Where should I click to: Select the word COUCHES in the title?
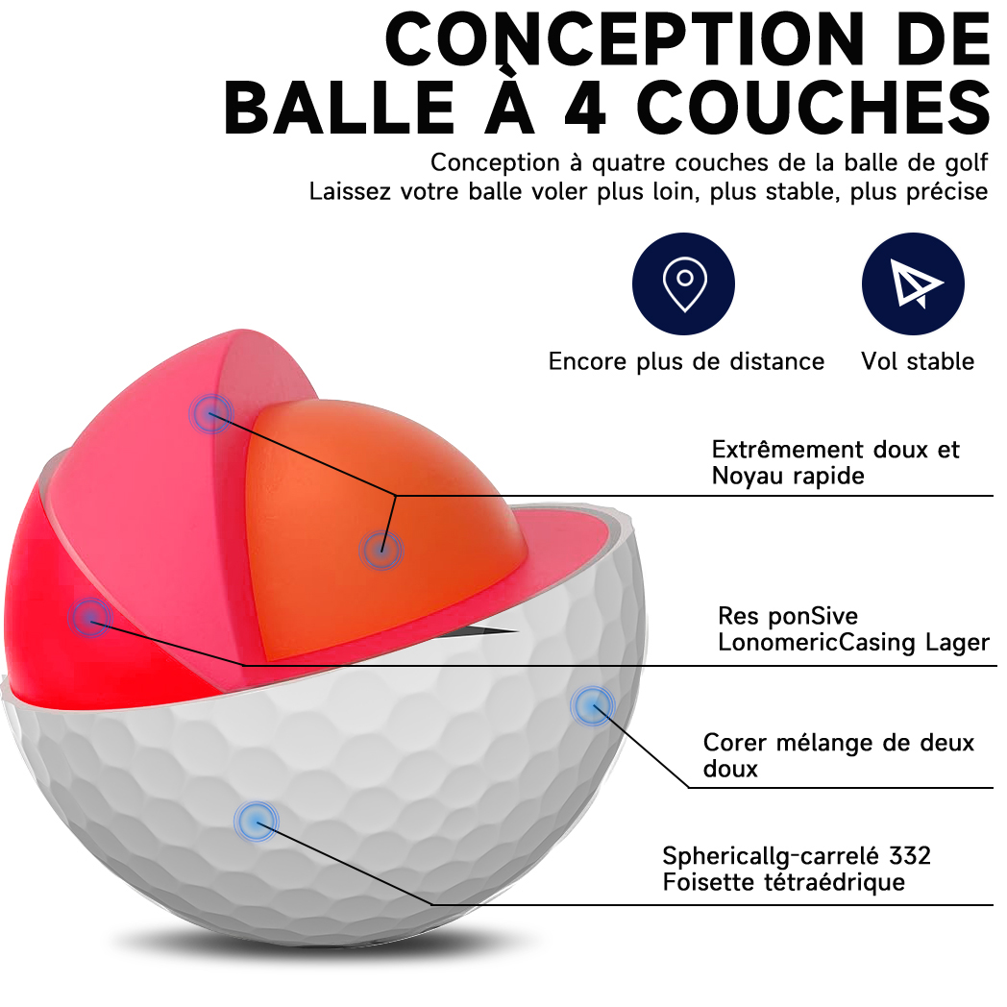pyautogui.click(x=813, y=108)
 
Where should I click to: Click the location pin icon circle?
pyautogui.click(x=683, y=283)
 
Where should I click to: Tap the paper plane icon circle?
pyautogui.click(x=912, y=283)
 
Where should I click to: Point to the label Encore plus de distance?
pyautogui.click(x=686, y=361)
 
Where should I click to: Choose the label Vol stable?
pyautogui.click(x=918, y=361)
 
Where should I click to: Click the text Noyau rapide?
pyautogui.click(x=788, y=476)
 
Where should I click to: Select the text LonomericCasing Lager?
pyautogui.click(x=853, y=642)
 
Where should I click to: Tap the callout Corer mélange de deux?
pyautogui.click(x=838, y=743)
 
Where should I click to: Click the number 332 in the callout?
pyautogui.click(x=910, y=855)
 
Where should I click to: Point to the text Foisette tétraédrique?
pyautogui.click(x=783, y=881)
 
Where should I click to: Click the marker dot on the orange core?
pyautogui.click(x=381, y=551)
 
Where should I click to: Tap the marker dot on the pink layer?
pyautogui.click(x=211, y=413)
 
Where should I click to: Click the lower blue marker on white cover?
pyautogui.click(x=255, y=821)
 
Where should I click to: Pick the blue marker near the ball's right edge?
pyautogui.click(x=592, y=706)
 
